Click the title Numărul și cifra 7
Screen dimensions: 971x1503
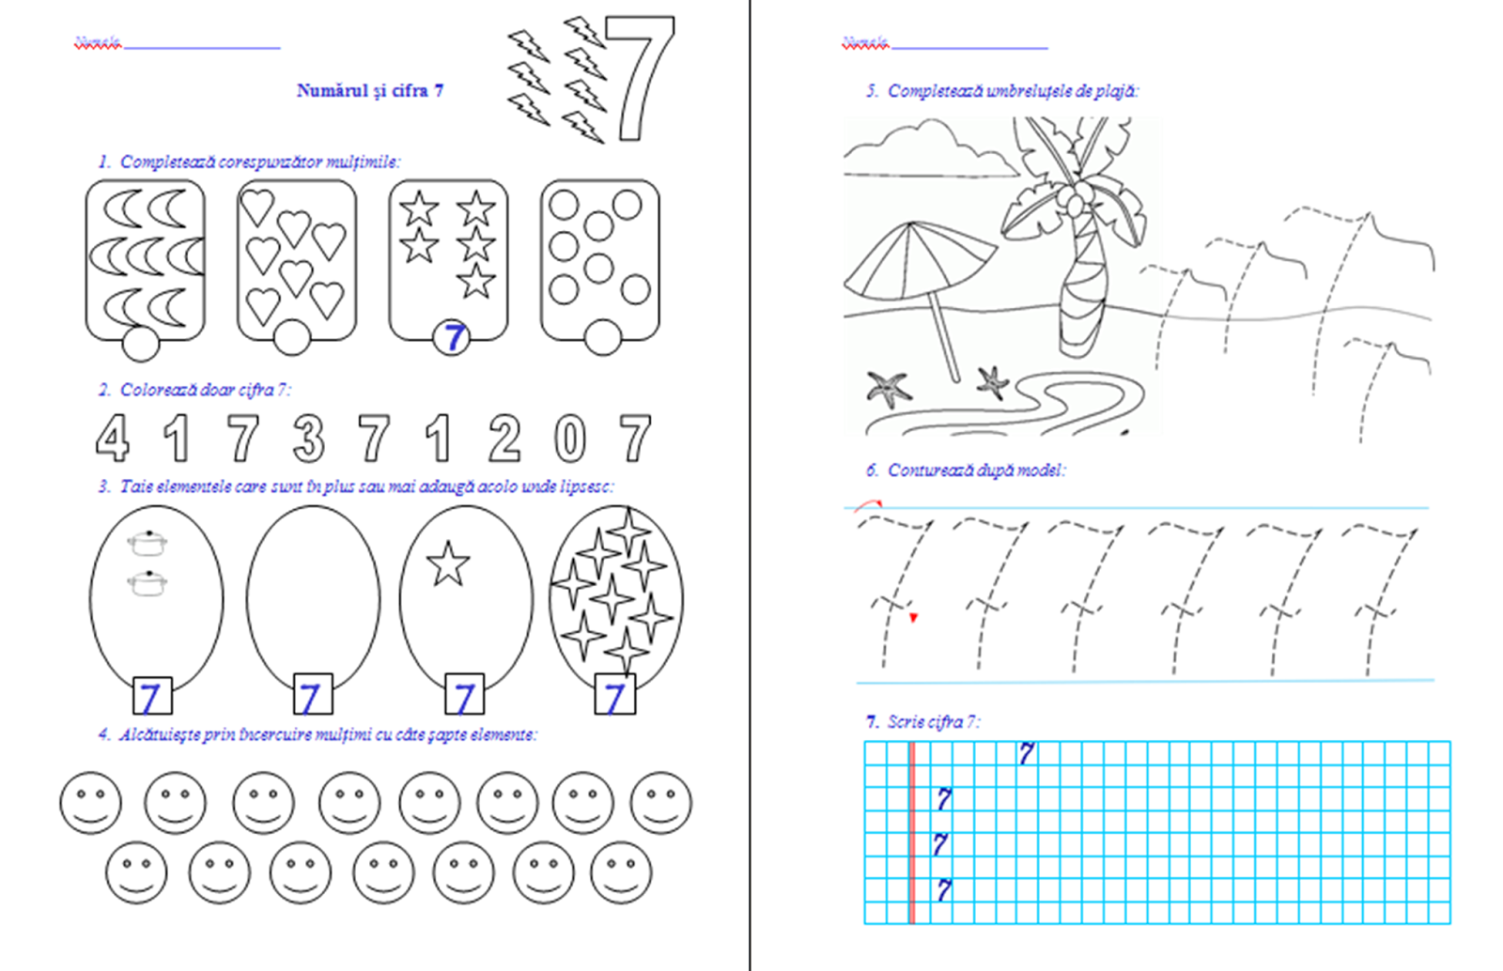point(370,91)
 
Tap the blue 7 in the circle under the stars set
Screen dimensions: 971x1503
point(453,337)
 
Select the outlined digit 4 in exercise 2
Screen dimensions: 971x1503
point(113,438)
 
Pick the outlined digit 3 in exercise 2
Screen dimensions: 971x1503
point(308,438)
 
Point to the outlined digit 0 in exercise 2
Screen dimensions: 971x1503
point(569,439)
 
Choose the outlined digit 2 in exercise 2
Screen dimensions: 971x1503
point(504,438)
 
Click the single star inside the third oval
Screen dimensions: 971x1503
point(448,564)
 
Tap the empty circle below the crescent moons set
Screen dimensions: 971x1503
point(141,343)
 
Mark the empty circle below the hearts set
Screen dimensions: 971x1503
point(291,338)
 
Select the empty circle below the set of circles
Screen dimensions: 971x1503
point(602,337)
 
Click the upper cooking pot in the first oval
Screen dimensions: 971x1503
point(147,543)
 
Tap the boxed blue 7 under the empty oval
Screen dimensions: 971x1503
point(312,696)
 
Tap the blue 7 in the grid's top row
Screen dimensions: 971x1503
point(1027,753)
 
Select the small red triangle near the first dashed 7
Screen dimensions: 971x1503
point(913,618)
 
